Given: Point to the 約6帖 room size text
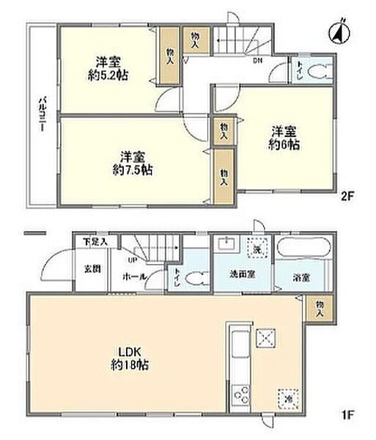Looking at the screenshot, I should pos(284,145).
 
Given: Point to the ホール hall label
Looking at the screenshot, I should pos(133,276).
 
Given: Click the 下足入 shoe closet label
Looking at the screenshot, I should pos(95,241).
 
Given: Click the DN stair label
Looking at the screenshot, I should pos(257,60).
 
